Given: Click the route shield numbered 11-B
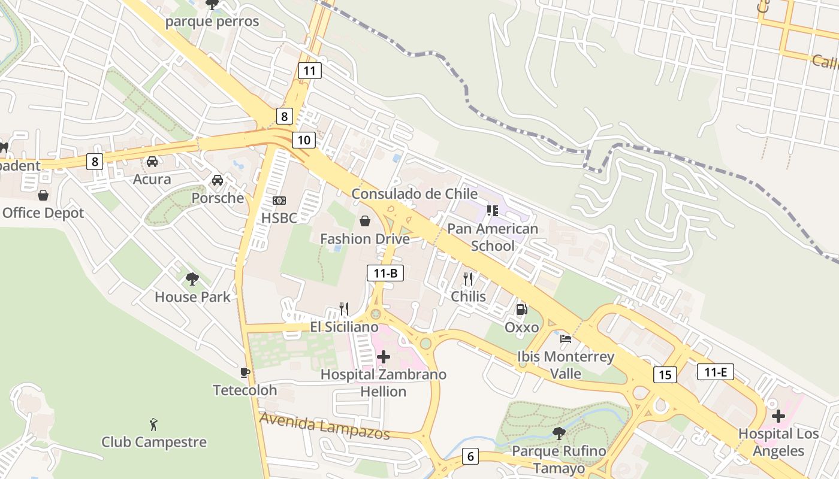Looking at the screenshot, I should coord(385,274).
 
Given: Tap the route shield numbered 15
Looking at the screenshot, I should coord(665,375).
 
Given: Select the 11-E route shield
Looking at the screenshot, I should coord(716,372).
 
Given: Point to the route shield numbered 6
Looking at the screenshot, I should coord(470,457).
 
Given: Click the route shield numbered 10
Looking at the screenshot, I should coord(304,140).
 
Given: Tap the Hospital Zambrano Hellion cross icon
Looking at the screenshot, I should coord(384,357).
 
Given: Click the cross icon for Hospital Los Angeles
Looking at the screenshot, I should coord(778,416).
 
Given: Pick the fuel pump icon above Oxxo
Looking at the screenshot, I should coord(522,310).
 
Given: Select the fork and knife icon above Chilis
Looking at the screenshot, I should coord(468,278).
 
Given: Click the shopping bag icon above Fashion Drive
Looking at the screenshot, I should coord(364,222).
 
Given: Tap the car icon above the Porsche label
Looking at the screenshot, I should coord(217,180).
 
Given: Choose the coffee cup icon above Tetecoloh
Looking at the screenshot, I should coord(245,372).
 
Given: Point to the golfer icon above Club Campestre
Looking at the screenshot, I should coord(154,425).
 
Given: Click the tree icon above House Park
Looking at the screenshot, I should coord(192,278).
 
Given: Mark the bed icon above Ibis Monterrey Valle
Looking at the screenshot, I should coord(565,339).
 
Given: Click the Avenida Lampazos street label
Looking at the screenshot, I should coord(324,426).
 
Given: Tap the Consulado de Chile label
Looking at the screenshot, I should coord(414,194).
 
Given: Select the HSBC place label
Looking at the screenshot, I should coord(279,218).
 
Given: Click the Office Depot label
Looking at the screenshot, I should coord(43,213).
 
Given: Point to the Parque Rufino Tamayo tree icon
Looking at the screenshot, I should coord(559,432).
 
